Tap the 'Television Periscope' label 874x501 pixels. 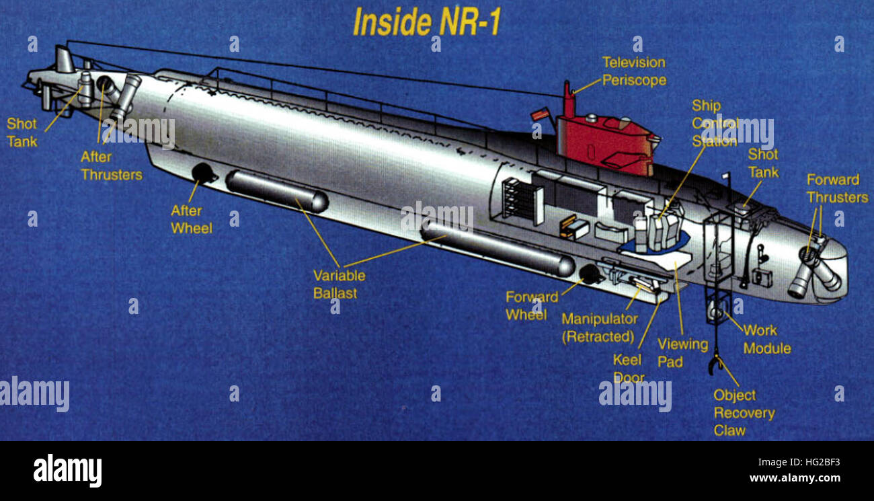click(x=633, y=71)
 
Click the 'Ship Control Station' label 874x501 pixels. click(x=715, y=124)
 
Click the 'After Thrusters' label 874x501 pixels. click(x=112, y=165)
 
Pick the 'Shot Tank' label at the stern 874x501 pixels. click(x=22, y=132)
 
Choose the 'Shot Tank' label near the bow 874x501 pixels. click(x=763, y=163)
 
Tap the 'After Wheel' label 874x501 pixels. click(x=191, y=219)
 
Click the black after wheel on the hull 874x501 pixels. click(x=202, y=173)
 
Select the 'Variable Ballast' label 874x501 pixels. click(x=339, y=284)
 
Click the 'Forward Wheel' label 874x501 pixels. click(x=531, y=305)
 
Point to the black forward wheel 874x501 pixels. click(x=590, y=274)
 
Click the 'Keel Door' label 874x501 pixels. click(x=628, y=369)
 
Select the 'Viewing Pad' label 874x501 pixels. click(x=682, y=352)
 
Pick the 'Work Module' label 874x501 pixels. click(x=766, y=339)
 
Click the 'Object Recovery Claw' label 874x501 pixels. click(x=743, y=413)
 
